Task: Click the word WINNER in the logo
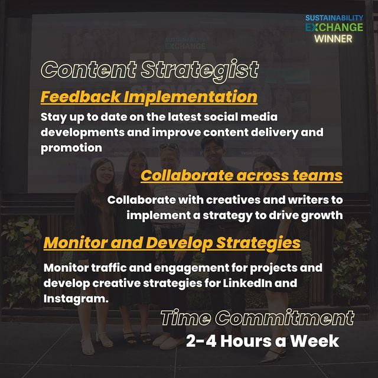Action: click(x=333, y=39)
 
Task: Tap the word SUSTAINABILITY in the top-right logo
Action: click(x=334, y=18)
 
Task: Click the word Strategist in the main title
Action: click(x=200, y=70)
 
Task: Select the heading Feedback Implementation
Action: click(x=149, y=97)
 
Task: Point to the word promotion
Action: click(x=71, y=148)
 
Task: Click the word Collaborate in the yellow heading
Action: click(x=187, y=175)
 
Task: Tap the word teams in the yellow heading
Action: click(x=318, y=175)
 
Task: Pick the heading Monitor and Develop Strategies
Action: click(x=172, y=243)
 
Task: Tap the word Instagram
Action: click(x=76, y=299)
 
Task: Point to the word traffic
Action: click(x=109, y=268)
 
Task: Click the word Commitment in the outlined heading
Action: click(x=285, y=318)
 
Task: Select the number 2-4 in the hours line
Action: click(x=201, y=341)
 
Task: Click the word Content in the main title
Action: click(x=89, y=70)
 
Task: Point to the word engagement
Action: click(x=191, y=268)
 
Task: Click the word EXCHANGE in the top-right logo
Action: click(x=334, y=27)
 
